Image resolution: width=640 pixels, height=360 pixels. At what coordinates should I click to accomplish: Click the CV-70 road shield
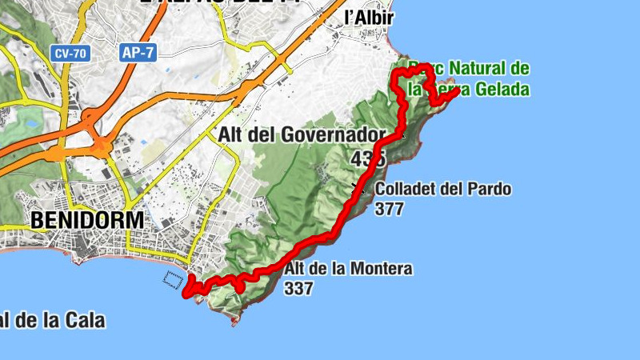(x=69, y=54)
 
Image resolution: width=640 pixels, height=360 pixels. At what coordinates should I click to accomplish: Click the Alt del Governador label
(x=302, y=135)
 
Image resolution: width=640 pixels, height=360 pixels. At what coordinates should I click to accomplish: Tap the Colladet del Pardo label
(x=442, y=190)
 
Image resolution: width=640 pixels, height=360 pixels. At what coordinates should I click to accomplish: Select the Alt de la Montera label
(x=348, y=269)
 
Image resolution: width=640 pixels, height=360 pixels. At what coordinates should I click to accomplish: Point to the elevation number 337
(x=298, y=288)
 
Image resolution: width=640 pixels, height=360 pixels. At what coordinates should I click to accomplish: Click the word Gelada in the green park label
(x=502, y=89)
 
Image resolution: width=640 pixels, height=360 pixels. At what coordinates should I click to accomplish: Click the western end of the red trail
(x=187, y=294)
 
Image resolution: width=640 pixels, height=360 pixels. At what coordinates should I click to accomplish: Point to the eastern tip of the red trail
(x=456, y=91)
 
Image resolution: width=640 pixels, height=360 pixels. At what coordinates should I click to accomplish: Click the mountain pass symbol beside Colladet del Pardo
(x=357, y=188)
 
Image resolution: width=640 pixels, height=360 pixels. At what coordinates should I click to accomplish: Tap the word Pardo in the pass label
(x=490, y=190)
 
